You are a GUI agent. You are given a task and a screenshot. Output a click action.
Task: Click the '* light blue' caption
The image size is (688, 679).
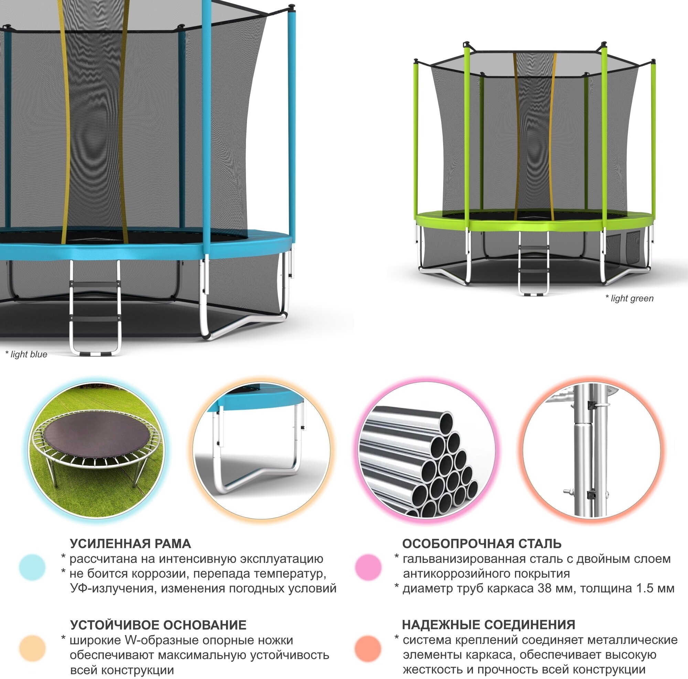tap(26, 355)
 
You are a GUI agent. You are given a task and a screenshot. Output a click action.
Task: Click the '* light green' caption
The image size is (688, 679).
tap(629, 298)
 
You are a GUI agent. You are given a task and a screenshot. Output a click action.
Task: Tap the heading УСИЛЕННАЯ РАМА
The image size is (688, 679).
tap(130, 544)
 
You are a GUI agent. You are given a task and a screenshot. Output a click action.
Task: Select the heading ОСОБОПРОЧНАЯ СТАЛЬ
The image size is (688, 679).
tap(482, 544)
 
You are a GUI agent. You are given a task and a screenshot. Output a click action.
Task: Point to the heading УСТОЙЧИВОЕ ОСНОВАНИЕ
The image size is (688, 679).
tap(158, 625)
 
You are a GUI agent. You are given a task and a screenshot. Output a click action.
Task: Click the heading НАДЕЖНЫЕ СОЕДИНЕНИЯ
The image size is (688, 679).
tap(488, 625)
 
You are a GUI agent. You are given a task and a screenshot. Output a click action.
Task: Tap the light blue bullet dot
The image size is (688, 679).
tap(32, 567)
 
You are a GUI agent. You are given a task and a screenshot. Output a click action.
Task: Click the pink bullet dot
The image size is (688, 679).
tap(368, 567)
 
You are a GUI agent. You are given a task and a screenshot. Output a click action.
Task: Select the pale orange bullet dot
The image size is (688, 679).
tap(32, 648)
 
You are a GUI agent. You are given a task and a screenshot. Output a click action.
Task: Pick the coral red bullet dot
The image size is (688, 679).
tap(368, 648)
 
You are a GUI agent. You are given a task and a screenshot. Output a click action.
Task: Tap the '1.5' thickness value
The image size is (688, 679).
tap(638, 589)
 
